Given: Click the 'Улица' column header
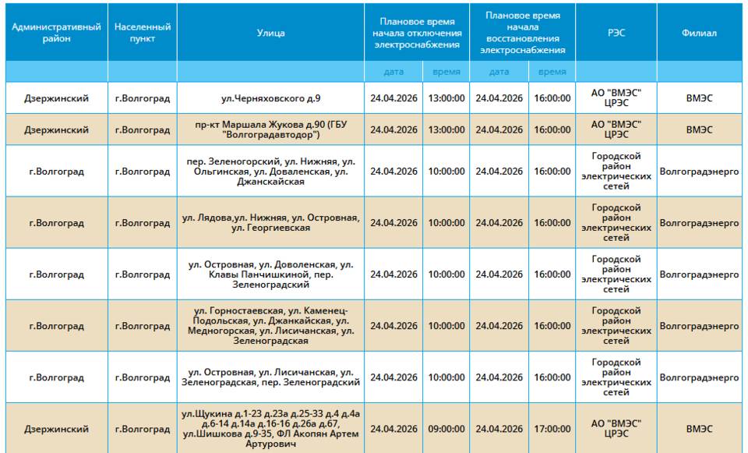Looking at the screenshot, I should click(x=270, y=33).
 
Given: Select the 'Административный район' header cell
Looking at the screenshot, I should click(x=56, y=33).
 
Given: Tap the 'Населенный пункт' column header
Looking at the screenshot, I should click(x=143, y=33).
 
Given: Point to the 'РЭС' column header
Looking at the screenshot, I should click(x=616, y=33).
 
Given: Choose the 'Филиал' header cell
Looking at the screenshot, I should click(x=699, y=33).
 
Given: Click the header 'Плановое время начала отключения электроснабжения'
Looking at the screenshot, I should click(x=417, y=33).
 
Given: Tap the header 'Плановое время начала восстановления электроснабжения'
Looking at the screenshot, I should click(x=522, y=33).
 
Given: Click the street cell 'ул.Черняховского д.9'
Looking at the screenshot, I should click(x=270, y=98).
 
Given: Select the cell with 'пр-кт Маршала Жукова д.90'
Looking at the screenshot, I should click(x=270, y=130).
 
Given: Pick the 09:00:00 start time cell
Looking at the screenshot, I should click(x=446, y=429).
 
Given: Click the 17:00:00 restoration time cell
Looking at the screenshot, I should click(x=552, y=429).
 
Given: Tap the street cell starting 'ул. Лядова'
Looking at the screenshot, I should click(x=270, y=223).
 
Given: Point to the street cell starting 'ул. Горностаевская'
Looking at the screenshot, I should click(x=270, y=326).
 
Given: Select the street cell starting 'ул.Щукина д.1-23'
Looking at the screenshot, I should click(x=270, y=429).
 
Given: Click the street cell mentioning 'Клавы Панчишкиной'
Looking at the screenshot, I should click(x=270, y=274).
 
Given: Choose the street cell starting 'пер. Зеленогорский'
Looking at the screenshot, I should click(x=270, y=172).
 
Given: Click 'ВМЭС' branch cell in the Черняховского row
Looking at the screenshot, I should click(x=699, y=98).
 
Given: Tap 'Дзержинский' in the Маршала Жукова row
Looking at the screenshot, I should click(x=56, y=130).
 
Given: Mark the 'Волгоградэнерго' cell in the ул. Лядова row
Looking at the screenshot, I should click(x=699, y=223).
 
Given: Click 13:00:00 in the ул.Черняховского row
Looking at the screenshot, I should click(x=446, y=98).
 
